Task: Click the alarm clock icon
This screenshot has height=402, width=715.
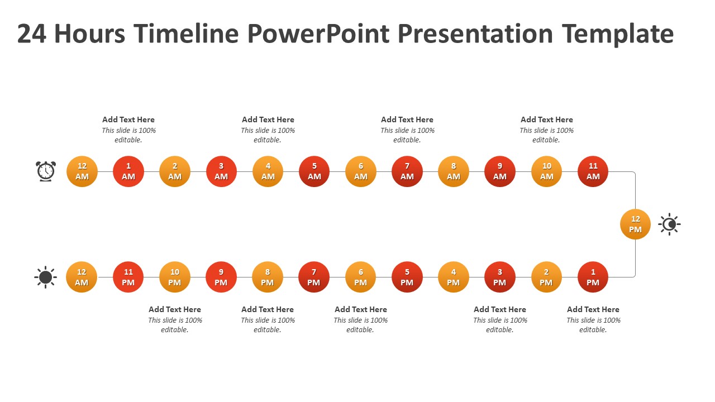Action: (x=46, y=171)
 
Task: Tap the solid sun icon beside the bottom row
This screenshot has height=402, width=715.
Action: (x=45, y=277)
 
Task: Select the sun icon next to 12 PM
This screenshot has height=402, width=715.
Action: (x=669, y=224)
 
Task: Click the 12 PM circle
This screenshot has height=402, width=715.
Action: (x=635, y=224)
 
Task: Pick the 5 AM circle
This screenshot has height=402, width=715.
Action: (x=314, y=171)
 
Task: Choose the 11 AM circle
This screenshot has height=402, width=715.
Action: (x=593, y=171)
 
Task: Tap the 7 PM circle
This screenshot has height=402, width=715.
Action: (x=314, y=277)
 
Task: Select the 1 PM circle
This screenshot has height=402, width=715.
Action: (x=593, y=277)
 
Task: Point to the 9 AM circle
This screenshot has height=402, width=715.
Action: (x=500, y=171)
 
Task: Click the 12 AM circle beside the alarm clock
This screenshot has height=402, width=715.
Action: (x=82, y=171)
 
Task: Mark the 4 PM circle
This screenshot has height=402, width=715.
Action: (x=453, y=277)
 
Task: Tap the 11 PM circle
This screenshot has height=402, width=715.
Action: (x=128, y=277)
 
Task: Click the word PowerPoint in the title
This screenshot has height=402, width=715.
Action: (x=318, y=34)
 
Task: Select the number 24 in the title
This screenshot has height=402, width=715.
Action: (x=32, y=34)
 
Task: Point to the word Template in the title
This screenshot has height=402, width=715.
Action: (x=618, y=35)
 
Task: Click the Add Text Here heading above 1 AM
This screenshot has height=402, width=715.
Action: (x=128, y=119)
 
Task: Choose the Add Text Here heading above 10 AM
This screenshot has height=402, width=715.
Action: (x=546, y=119)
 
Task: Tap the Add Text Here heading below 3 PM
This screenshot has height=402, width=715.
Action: (x=500, y=309)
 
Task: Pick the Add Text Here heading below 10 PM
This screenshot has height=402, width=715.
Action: (x=175, y=309)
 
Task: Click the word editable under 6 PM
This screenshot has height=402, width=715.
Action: (x=360, y=330)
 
